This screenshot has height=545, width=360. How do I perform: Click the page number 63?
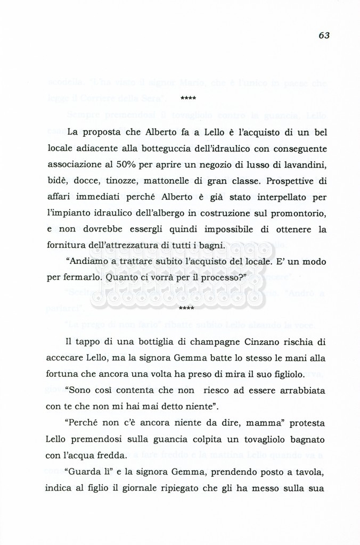[x=324, y=35]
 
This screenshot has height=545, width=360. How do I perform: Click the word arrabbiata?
[x=298, y=390]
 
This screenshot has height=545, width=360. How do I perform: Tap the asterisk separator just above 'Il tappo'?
[x=187, y=308]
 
